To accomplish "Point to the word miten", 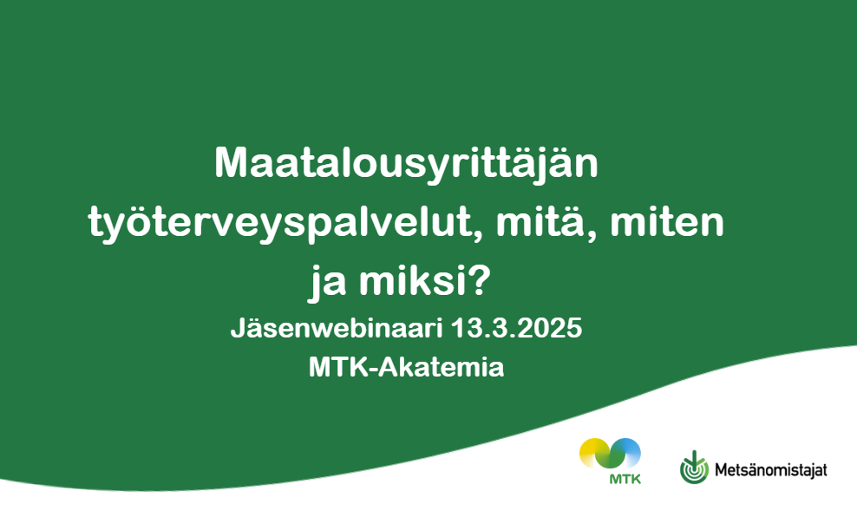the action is [667, 221].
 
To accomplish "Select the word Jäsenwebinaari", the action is [337, 329].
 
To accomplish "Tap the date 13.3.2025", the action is [516, 329].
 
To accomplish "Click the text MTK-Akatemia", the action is [406, 367].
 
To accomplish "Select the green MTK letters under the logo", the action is [625, 479].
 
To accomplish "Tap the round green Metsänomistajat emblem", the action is [694, 468].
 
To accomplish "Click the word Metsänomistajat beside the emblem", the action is [770, 470].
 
